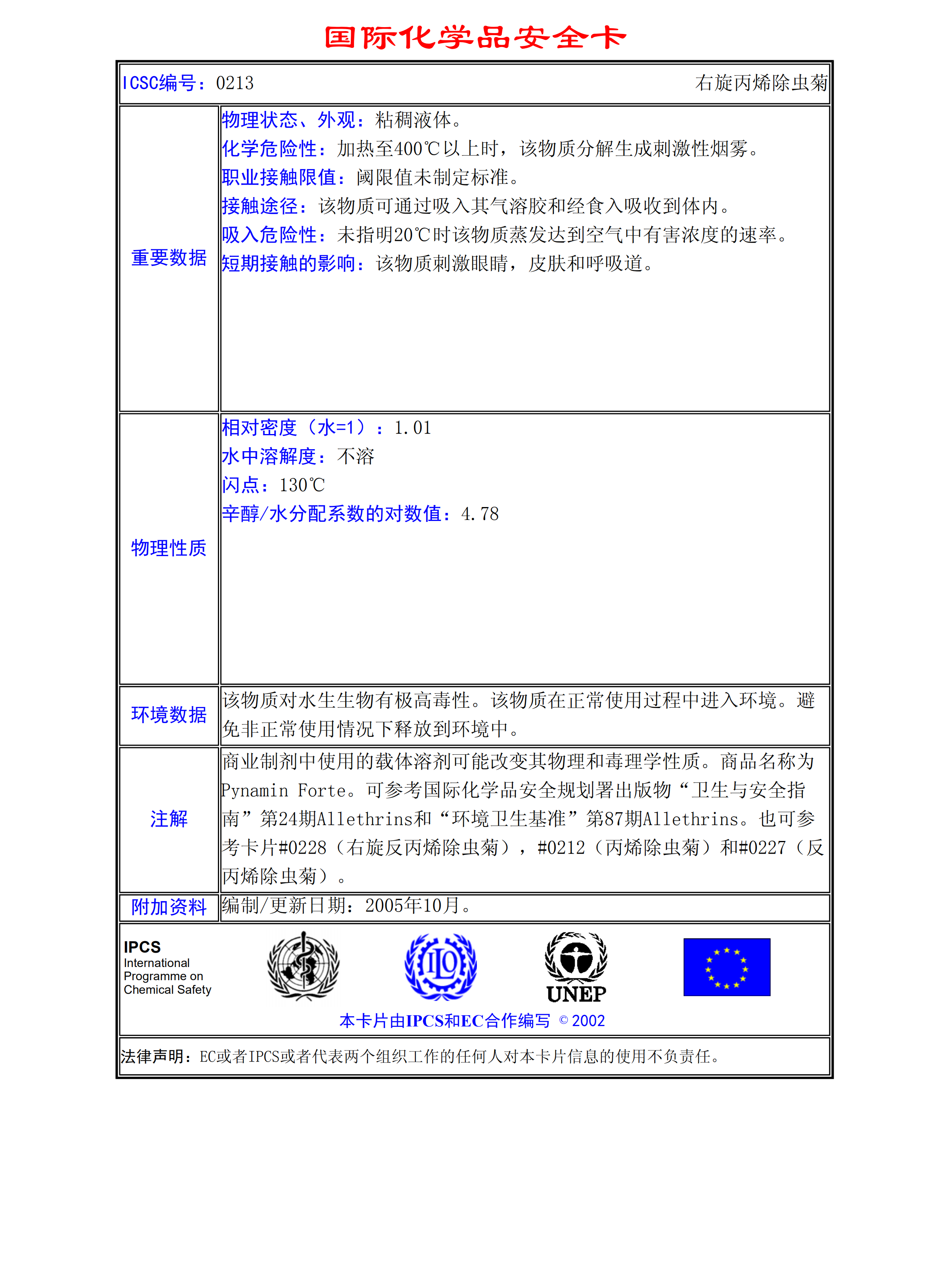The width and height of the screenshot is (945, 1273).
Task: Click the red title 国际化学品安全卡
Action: (475, 38)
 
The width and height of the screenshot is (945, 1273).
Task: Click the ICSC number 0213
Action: (235, 83)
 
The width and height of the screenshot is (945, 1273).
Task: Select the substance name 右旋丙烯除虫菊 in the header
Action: (761, 83)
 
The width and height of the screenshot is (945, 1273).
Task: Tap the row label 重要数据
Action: (169, 258)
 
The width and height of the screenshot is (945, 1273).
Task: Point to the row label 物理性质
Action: (169, 548)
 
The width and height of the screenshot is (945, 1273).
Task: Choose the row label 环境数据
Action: (169, 715)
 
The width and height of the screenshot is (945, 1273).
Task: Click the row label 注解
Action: (169, 819)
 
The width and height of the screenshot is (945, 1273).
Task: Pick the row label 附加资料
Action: (169, 907)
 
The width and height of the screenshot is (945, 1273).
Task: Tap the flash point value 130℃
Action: (302, 486)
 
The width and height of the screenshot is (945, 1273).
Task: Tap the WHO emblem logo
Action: (303, 967)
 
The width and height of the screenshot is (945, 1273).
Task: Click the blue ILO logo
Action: (441, 967)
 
